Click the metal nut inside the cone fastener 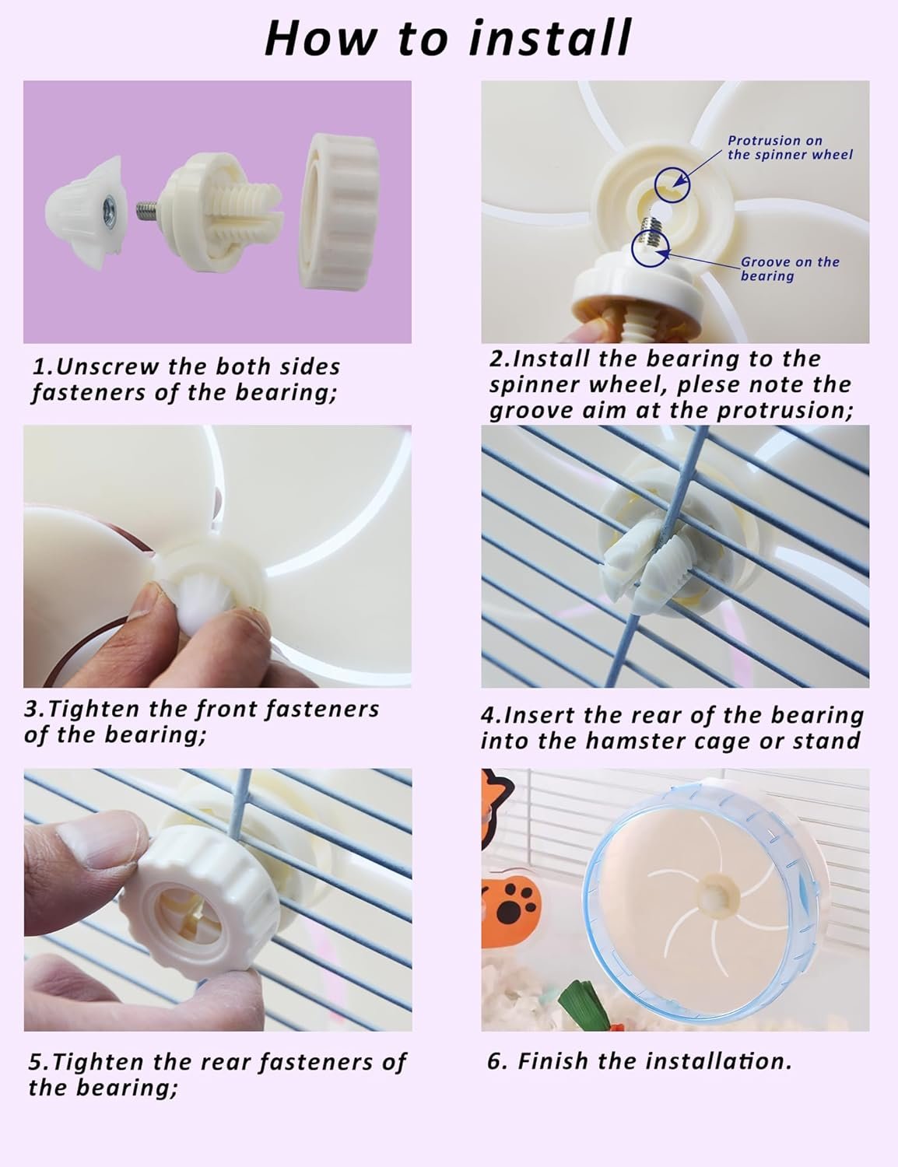(x=111, y=207)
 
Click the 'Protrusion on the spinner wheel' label (x=790, y=148)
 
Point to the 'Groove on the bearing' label (x=790, y=268)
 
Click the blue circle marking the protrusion (x=672, y=184)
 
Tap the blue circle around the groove (x=651, y=248)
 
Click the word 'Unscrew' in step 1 (x=107, y=366)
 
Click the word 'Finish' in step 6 (x=553, y=1061)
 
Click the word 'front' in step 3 (x=226, y=709)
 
